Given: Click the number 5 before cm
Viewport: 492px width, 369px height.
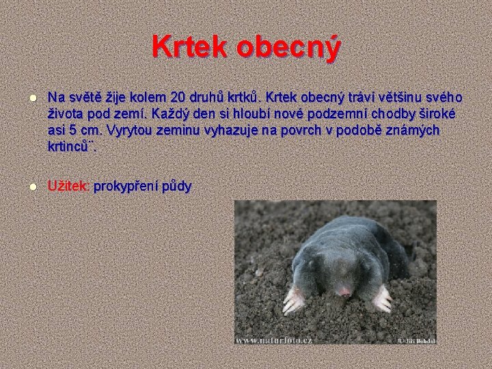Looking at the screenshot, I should (x=70, y=129).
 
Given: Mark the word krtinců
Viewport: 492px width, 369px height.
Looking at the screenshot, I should (x=72, y=146).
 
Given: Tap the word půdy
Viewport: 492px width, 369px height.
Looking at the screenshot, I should (x=177, y=186).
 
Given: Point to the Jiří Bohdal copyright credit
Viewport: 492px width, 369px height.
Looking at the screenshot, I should (x=416, y=339).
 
